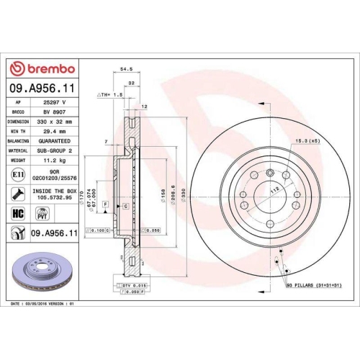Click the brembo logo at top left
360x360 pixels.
click(x=41, y=68)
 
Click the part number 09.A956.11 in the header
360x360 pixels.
click(x=41, y=87)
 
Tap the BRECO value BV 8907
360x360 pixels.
click(x=53, y=112)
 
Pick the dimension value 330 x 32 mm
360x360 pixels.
click(x=55, y=122)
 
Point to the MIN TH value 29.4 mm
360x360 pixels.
click(x=53, y=132)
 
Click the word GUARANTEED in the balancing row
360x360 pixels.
click(x=55, y=143)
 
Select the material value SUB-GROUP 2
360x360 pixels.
click(x=55, y=152)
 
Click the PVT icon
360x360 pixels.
click(x=42, y=212)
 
